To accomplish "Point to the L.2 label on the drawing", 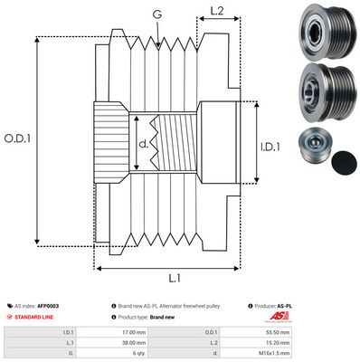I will coord(216,12).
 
